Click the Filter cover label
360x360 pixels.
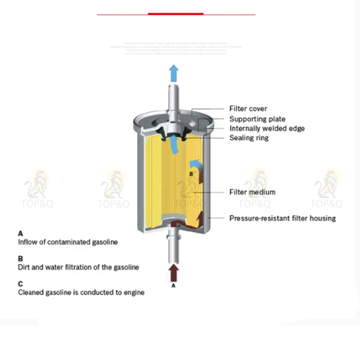tap(248, 108)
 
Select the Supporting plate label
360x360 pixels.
tap(257, 119)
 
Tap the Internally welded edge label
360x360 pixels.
tap(267, 128)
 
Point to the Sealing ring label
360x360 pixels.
tap(249, 138)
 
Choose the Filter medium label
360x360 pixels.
tap(252, 192)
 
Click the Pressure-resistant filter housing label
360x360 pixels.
tap(283, 218)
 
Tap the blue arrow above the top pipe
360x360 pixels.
tap(174, 72)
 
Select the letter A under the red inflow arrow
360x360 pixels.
tap(174, 285)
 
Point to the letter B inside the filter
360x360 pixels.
tap(191, 173)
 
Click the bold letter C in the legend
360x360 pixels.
tap(20, 284)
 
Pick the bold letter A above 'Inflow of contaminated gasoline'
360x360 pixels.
tap(20, 234)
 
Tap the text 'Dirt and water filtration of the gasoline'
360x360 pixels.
tap(78, 267)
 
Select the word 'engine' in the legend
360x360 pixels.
tap(134, 292)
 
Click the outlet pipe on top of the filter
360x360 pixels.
tap(174, 99)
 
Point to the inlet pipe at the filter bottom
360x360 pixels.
tap(174, 247)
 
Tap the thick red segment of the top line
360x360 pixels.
tap(175, 14)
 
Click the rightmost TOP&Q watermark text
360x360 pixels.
tap(326, 204)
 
